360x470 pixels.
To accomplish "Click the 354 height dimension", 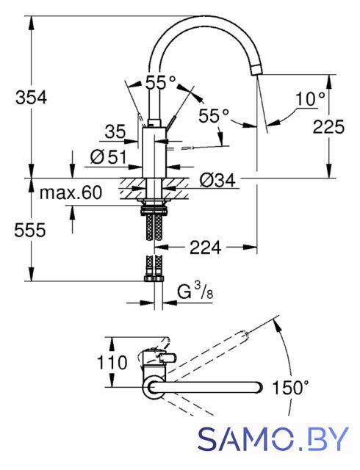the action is [x=31, y=98].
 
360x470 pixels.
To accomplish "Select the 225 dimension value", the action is [x=328, y=126].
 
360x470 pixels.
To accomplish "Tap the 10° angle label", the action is [x=310, y=99].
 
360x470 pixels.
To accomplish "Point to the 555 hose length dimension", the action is [x=30, y=230].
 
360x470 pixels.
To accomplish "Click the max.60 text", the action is [x=71, y=192].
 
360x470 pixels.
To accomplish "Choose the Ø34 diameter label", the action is [x=217, y=180].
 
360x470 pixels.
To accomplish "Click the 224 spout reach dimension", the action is [x=206, y=247].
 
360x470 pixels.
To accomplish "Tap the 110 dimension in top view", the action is [x=112, y=362].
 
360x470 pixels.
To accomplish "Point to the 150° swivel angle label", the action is [x=290, y=387].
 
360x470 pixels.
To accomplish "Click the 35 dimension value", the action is [x=115, y=131].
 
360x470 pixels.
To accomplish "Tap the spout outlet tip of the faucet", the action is [x=256, y=70].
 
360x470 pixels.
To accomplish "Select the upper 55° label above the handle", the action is [x=160, y=82].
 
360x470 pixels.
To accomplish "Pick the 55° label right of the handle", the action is [x=214, y=115].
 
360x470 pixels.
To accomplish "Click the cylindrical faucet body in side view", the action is [x=154, y=153].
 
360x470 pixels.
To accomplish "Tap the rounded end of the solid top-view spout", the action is [x=259, y=387].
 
